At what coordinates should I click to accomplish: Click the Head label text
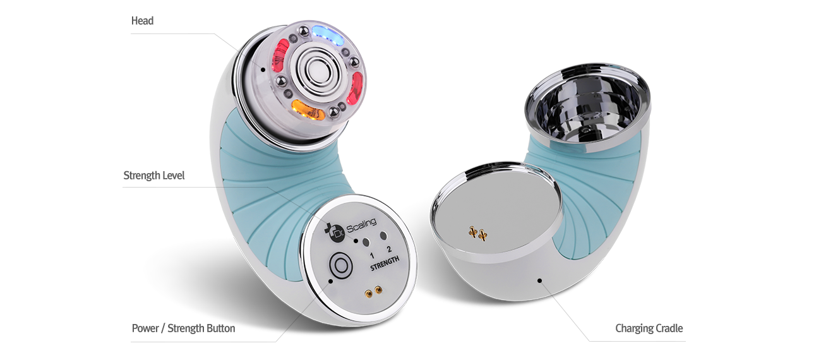click(x=142, y=21)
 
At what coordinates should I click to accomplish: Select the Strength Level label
click(x=154, y=176)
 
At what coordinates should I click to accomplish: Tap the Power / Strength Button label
click(x=183, y=328)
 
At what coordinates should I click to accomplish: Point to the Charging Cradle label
click(x=649, y=328)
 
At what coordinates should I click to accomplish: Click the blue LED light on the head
click(x=327, y=33)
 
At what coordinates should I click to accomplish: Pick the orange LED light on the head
click(x=308, y=111)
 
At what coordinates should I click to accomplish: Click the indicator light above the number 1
click(x=366, y=242)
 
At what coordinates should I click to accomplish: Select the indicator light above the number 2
click(x=383, y=236)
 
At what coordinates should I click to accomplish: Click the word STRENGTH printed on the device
click(x=385, y=263)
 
